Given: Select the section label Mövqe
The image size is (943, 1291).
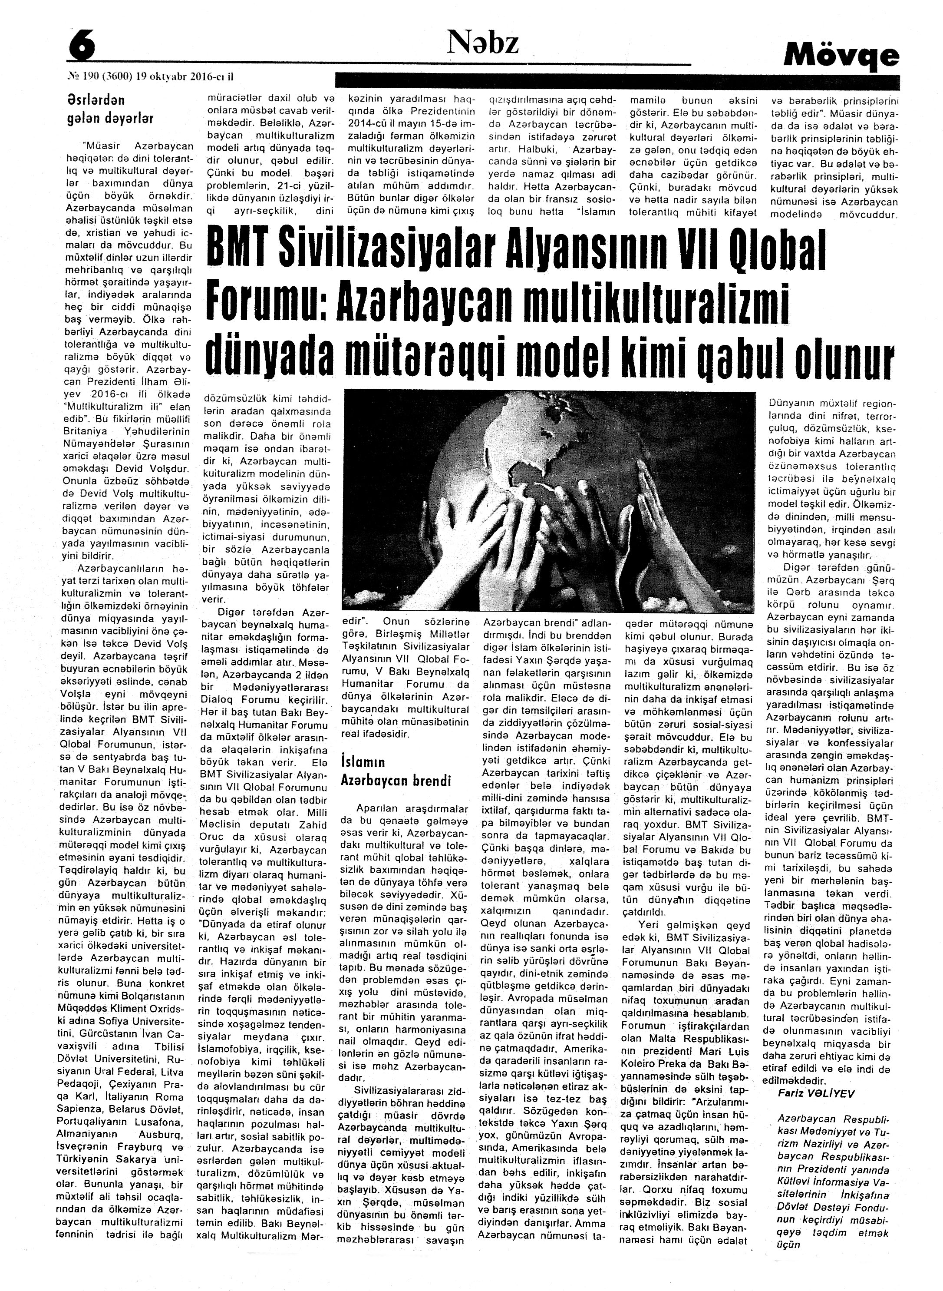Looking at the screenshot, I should coord(841,56).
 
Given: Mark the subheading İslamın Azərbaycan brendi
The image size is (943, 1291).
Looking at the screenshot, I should coord(396,771).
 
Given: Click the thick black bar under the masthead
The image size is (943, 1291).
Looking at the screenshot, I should coord(617,80).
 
